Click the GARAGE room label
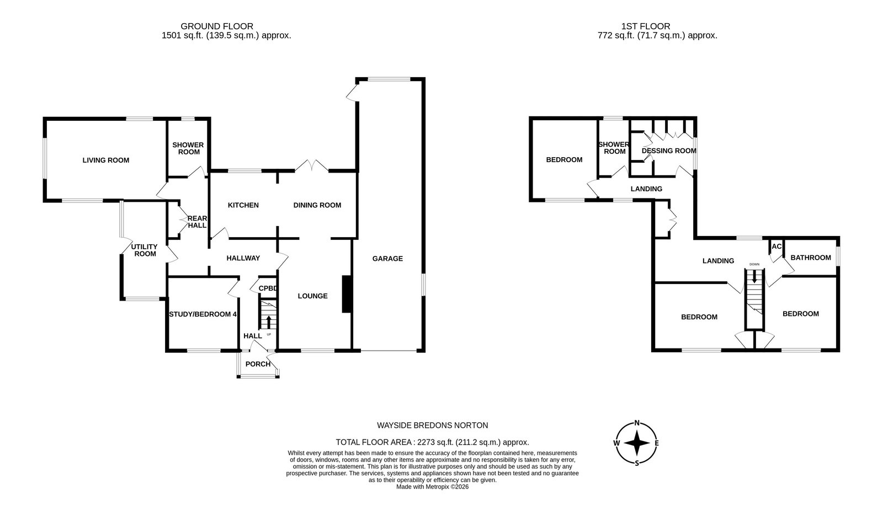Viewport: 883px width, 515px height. (387, 258)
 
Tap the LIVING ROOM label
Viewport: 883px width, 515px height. (105, 160)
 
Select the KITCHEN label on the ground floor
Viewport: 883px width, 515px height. (243, 205)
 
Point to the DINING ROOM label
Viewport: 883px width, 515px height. (317, 205)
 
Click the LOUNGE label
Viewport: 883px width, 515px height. (312, 296)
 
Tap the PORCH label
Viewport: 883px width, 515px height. (258, 364)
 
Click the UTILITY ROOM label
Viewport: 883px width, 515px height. (145, 250)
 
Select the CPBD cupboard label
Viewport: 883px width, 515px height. (268, 288)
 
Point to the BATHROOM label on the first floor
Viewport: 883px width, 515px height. (811, 257)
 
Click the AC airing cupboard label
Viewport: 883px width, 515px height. (776, 246)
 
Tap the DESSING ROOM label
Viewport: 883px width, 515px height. (669, 151)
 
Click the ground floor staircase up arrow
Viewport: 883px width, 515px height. (269, 321)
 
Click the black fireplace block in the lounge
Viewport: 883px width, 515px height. (347, 294)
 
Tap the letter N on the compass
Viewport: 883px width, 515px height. (637, 423)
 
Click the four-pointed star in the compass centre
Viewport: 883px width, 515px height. (637, 443)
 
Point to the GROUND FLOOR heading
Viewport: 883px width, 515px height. (217, 26)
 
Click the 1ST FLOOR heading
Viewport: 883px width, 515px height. (646, 26)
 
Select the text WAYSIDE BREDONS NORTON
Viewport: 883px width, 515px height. (433, 425)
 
